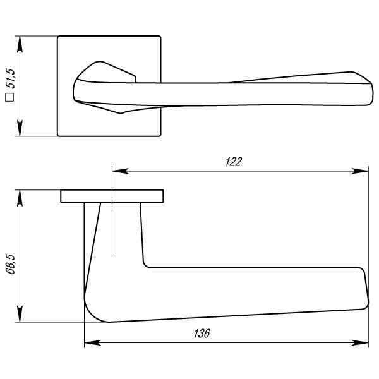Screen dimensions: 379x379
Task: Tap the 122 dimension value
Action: click(x=234, y=162)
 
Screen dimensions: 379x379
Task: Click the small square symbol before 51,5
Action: click(x=10, y=97)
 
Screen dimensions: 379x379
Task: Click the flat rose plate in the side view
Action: click(x=112, y=196)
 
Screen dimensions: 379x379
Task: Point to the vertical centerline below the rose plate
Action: click(x=112, y=227)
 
